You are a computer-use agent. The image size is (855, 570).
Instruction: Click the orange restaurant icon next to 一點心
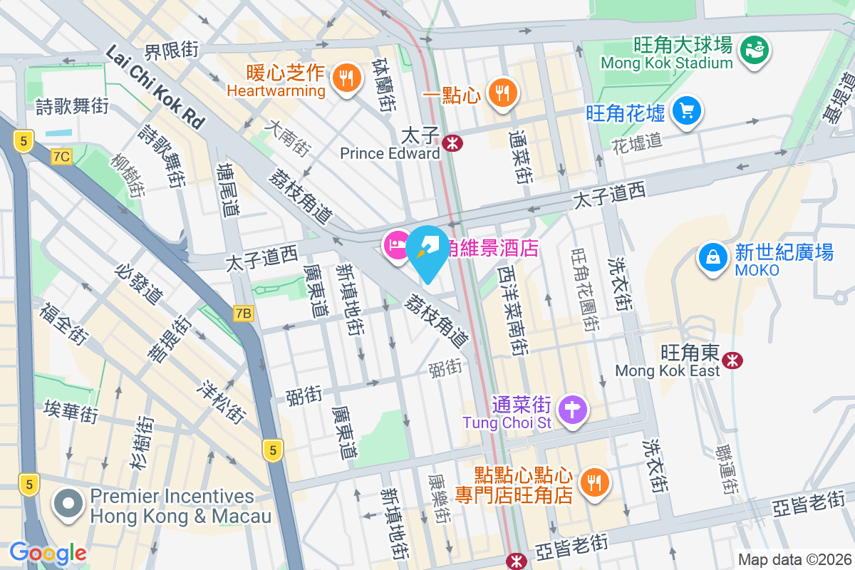[x=503, y=93]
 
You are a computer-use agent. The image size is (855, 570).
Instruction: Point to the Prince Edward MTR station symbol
[x=452, y=143]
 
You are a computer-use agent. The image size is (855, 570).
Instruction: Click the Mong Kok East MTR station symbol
[x=732, y=361]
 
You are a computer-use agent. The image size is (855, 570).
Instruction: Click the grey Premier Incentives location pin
[x=68, y=504]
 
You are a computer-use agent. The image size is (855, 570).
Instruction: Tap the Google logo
[x=48, y=552]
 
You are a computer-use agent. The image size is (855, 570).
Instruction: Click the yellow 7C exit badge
[x=61, y=157]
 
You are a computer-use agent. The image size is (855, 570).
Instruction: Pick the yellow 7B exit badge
[x=244, y=313]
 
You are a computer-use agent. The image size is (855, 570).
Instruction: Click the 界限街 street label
[x=171, y=51]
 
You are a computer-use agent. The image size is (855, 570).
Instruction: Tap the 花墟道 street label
[x=637, y=143]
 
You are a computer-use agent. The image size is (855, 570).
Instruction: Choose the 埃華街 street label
[x=70, y=412]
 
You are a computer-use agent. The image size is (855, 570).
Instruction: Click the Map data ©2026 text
[x=794, y=559]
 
